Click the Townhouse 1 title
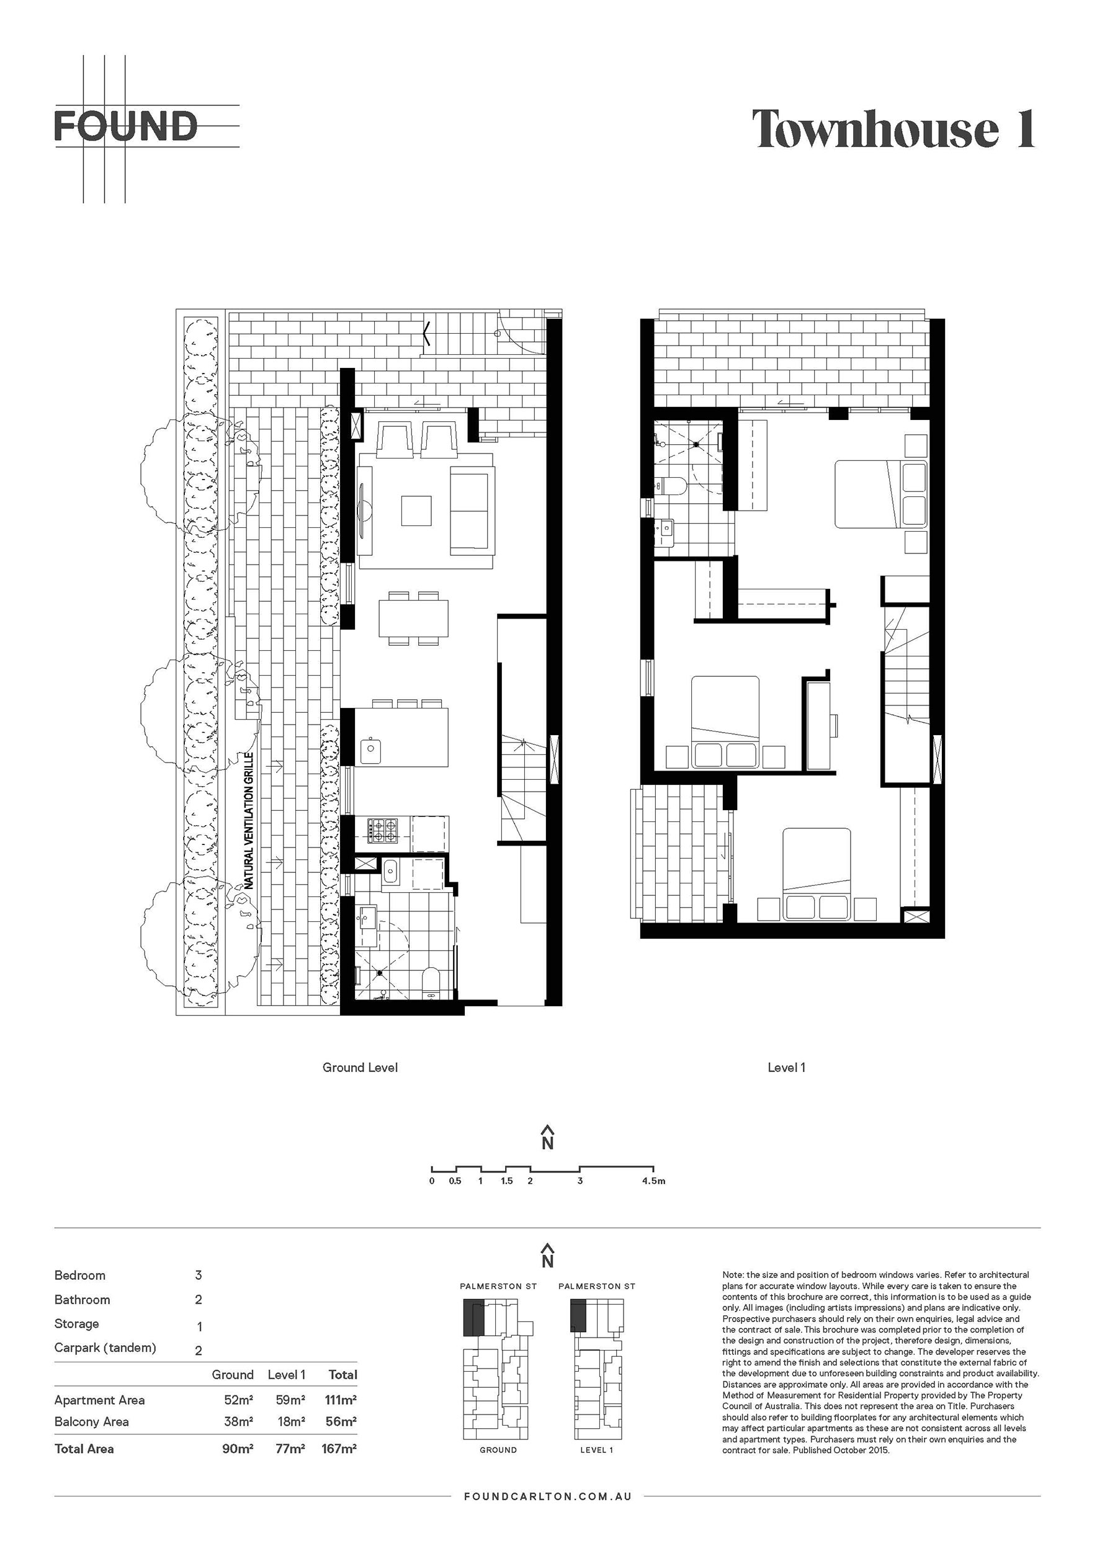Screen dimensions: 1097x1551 pos(893,128)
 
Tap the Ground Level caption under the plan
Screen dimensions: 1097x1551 pos(360,1067)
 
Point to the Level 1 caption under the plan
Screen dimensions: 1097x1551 pos(786,1067)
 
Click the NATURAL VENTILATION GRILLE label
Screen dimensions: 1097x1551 pos(249,820)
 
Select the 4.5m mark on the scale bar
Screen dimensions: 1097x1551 pos(653,1181)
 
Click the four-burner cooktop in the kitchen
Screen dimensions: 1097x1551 pos(383,831)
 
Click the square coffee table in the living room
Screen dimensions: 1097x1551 pos(416,511)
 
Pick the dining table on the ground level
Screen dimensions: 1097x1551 pos(413,618)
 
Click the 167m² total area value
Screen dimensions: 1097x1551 pos(341,1448)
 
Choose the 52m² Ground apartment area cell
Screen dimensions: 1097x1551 pos(238,1400)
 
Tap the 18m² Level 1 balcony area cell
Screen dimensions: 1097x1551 pos(291,1421)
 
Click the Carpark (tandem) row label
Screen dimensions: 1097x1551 pos(105,1348)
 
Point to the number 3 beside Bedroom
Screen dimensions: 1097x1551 pos(199,1276)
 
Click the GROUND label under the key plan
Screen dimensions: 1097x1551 pos(498,1450)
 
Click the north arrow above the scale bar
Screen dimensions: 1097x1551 pos(548,1138)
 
